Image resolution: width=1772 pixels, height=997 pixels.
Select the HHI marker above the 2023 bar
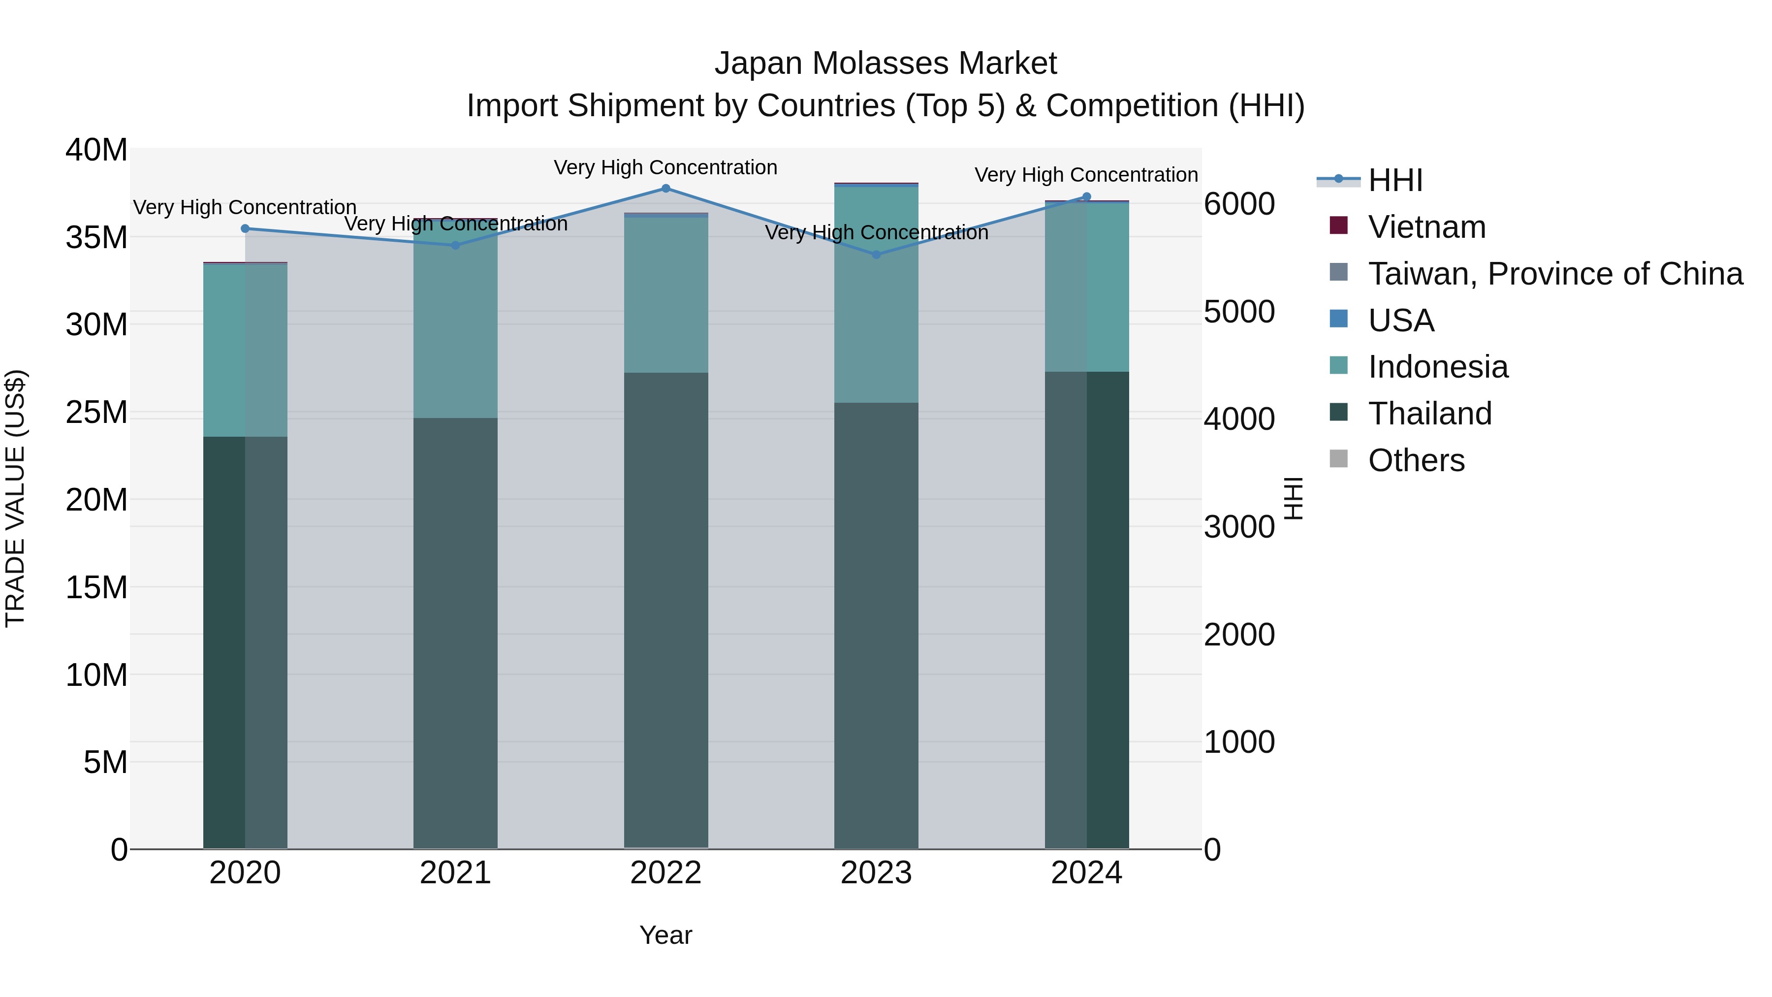(876, 255)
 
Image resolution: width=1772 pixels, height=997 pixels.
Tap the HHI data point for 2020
(245, 228)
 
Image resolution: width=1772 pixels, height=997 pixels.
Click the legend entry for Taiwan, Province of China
(1554, 274)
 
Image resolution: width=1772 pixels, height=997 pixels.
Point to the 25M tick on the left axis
(96, 412)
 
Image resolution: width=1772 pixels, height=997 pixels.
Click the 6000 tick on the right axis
(1239, 204)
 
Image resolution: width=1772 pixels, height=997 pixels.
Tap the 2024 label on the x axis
(1086, 873)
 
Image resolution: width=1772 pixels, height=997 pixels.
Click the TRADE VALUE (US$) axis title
(15, 498)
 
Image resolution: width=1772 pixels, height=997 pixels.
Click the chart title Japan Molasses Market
(886, 64)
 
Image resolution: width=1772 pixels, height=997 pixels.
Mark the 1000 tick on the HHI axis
(1239, 742)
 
